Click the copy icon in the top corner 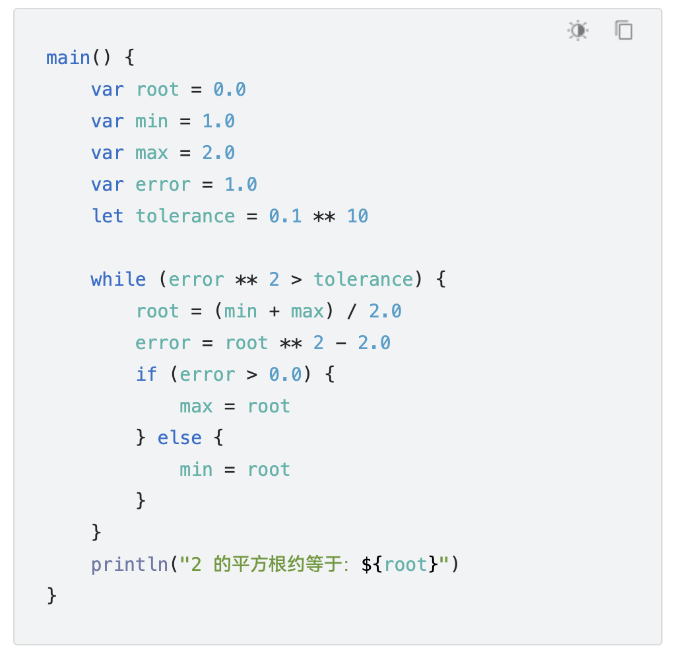click(624, 30)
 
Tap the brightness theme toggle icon click(578, 30)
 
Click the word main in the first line click(68, 58)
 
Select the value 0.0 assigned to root click(230, 90)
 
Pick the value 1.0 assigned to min click(218, 121)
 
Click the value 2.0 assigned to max click(218, 153)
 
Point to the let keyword click(107, 216)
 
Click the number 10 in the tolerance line click(357, 216)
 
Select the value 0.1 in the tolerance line click(285, 216)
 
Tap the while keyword click(118, 280)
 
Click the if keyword click(146, 375)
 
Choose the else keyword click(179, 438)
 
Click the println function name click(129, 565)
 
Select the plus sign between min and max click(274, 311)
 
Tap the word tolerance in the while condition click(363, 280)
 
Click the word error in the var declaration click(163, 185)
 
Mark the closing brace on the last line click(52, 596)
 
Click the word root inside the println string click(406, 565)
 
